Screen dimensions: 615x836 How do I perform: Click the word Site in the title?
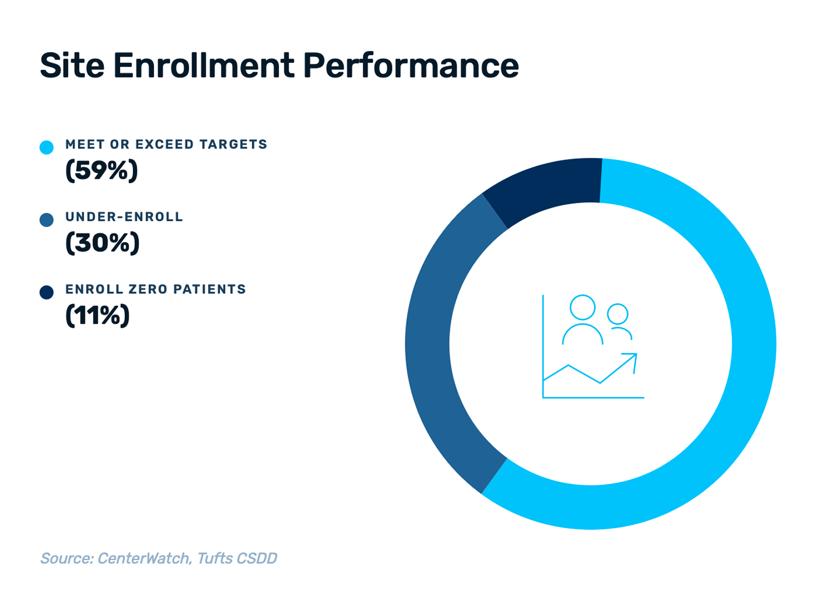(x=72, y=66)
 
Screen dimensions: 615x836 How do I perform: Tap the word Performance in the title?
(x=411, y=66)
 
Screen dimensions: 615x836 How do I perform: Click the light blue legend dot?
(x=47, y=147)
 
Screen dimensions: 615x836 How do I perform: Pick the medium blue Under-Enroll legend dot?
(x=47, y=220)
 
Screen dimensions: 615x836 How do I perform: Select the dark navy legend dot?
(x=47, y=292)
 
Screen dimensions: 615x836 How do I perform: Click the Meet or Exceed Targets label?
(x=166, y=144)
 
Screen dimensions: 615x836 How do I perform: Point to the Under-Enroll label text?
(x=124, y=217)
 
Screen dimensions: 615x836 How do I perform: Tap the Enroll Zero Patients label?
(x=155, y=289)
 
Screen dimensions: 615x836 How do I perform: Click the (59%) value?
(x=101, y=170)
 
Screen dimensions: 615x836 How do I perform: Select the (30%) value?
(x=102, y=243)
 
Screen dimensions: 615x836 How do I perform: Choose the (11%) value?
(x=97, y=315)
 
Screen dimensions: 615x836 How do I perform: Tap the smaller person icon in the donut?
(x=618, y=321)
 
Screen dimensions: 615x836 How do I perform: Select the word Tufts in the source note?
(x=214, y=559)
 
